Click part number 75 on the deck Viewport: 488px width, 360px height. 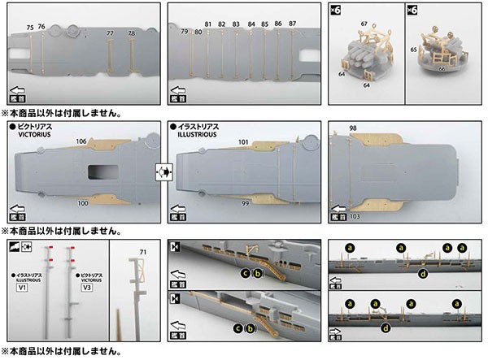pyautogui.click(x=30, y=28)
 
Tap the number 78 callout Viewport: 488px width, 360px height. pyautogui.click(x=132, y=33)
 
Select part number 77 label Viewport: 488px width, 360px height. pyautogui.click(x=111, y=33)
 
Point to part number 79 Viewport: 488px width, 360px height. pyautogui.click(x=185, y=31)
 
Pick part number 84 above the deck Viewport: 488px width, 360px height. pyautogui.click(x=251, y=24)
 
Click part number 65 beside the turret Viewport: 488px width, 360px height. pyautogui.click(x=413, y=50)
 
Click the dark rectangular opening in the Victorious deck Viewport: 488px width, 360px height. pyautogui.click(x=103, y=171)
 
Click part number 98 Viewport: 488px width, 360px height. pyautogui.click(x=352, y=128)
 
